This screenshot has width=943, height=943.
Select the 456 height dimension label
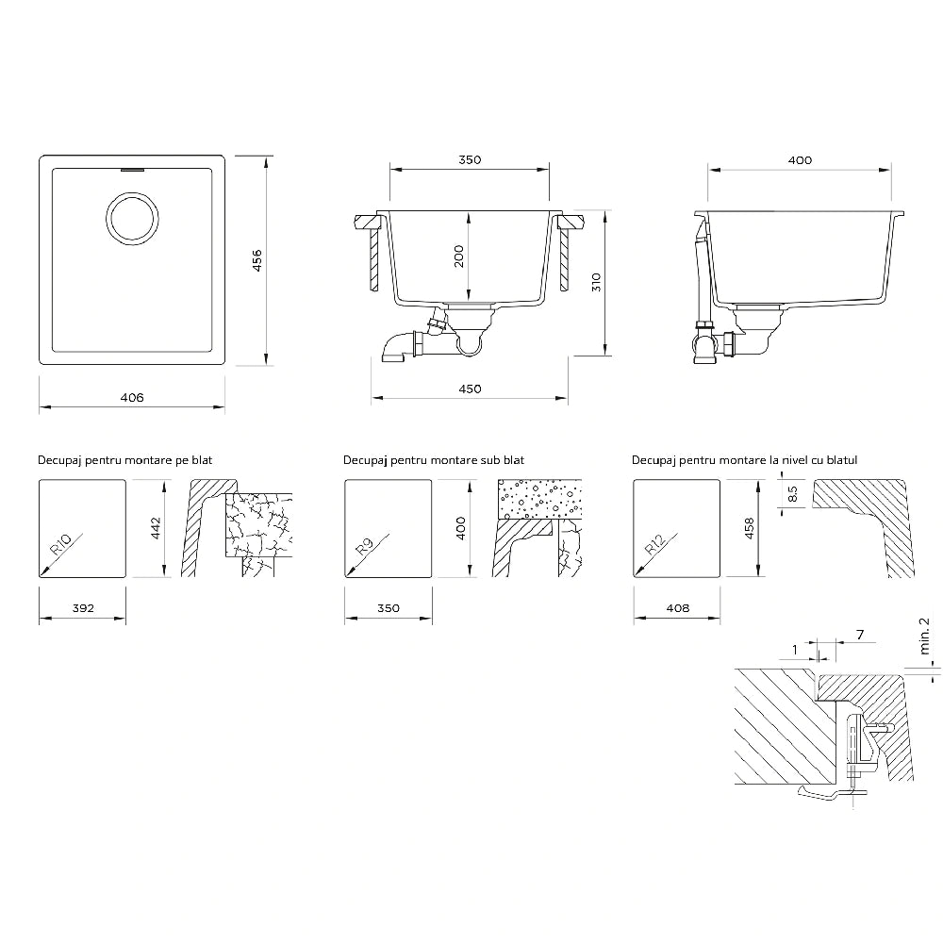click(x=256, y=260)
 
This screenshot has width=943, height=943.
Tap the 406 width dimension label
click(x=132, y=397)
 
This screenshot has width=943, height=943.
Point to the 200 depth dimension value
click(x=459, y=256)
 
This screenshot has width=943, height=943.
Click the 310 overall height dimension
click(x=596, y=282)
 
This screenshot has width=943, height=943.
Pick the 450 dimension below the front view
click(x=470, y=389)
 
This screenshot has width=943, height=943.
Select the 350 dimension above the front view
click(x=470, y=159)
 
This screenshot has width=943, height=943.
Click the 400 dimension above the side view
click(x=800, y=160)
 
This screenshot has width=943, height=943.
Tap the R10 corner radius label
click(x=60, y=544)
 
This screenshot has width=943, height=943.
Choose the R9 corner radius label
click(x=364, y=546)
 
